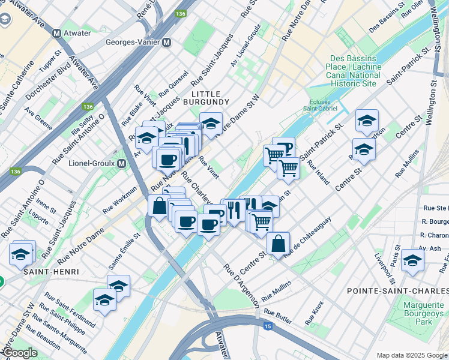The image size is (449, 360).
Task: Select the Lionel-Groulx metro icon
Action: pos(122,164)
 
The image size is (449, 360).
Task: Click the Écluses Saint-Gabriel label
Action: pos(325,105)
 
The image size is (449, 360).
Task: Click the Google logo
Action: pos(19,353)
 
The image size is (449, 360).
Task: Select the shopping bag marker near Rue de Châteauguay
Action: pos(278,244)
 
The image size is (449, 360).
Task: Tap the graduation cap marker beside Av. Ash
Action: pos(413,260)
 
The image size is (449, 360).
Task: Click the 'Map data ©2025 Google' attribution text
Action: pos(411,355)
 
